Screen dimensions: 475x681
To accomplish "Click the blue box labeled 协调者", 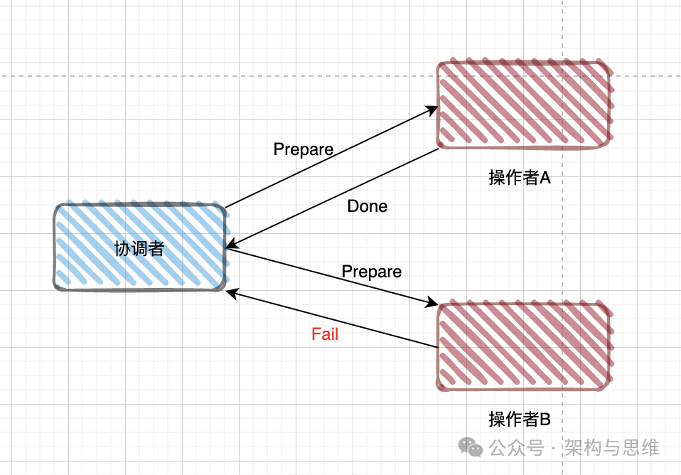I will pos(141,247).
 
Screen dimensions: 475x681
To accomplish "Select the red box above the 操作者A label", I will pos(525,105).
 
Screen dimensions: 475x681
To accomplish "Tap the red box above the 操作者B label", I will pos(525,346).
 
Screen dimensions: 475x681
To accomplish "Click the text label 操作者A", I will pos(520,178).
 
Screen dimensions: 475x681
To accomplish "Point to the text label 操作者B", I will pos(520,420).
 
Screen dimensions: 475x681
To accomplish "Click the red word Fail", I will pos(325,334).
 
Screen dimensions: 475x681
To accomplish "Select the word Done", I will pos(368,206).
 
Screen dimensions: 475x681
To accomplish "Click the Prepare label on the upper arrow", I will pos(304,149).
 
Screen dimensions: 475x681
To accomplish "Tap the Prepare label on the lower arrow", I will pos(372,272).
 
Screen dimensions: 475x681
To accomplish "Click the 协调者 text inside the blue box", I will pos(139,248).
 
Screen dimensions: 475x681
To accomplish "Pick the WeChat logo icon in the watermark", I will pos(471,447).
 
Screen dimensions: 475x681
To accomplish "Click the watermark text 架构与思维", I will pos(612,447).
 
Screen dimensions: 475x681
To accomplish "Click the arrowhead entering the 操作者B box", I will pos(432,304).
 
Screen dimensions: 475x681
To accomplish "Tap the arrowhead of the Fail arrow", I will pos(231,292).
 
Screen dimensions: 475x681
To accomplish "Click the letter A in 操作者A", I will pos(545,178).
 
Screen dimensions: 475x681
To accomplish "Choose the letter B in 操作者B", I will pos(545,420).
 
